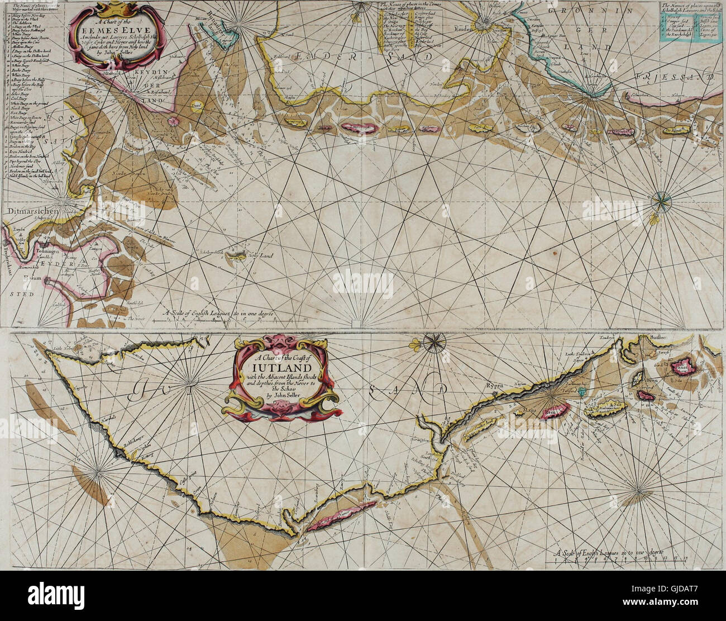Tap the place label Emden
coord(464,29)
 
